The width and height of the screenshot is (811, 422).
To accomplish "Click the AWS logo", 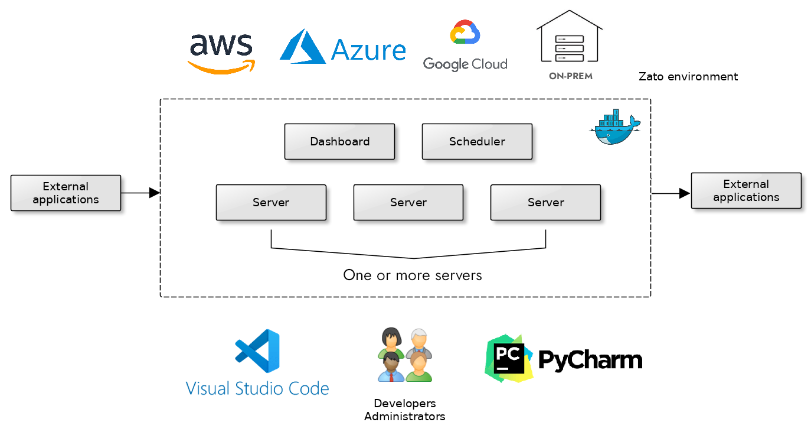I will tap(221, 53).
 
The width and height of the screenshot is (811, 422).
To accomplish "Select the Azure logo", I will tap(342, 47).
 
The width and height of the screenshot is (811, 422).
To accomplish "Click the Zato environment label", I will tap(688, 76).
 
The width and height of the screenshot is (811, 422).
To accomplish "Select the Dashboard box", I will tap(339, 142).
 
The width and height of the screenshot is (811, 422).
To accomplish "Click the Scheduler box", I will tap(477, 142).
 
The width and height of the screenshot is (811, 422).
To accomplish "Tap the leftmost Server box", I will tap(271, 203).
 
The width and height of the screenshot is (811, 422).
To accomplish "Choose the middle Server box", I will tap(408, 203).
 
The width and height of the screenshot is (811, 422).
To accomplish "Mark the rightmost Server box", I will tap(545, 203).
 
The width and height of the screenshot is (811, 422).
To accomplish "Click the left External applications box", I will tap(66, 193).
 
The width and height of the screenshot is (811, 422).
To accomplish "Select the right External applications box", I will tap(746, 191).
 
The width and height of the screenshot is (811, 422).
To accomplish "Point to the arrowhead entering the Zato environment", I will tap(155, 193).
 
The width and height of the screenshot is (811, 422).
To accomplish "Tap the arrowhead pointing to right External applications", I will tap(685, 193).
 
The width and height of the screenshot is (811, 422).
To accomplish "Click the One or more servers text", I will tap(413, 275).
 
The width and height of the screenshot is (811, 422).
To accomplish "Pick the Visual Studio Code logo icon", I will tap(257, 351).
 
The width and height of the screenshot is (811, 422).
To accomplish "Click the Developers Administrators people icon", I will tap(405, 355).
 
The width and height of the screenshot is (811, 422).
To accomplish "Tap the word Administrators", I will tap(405, 417).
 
